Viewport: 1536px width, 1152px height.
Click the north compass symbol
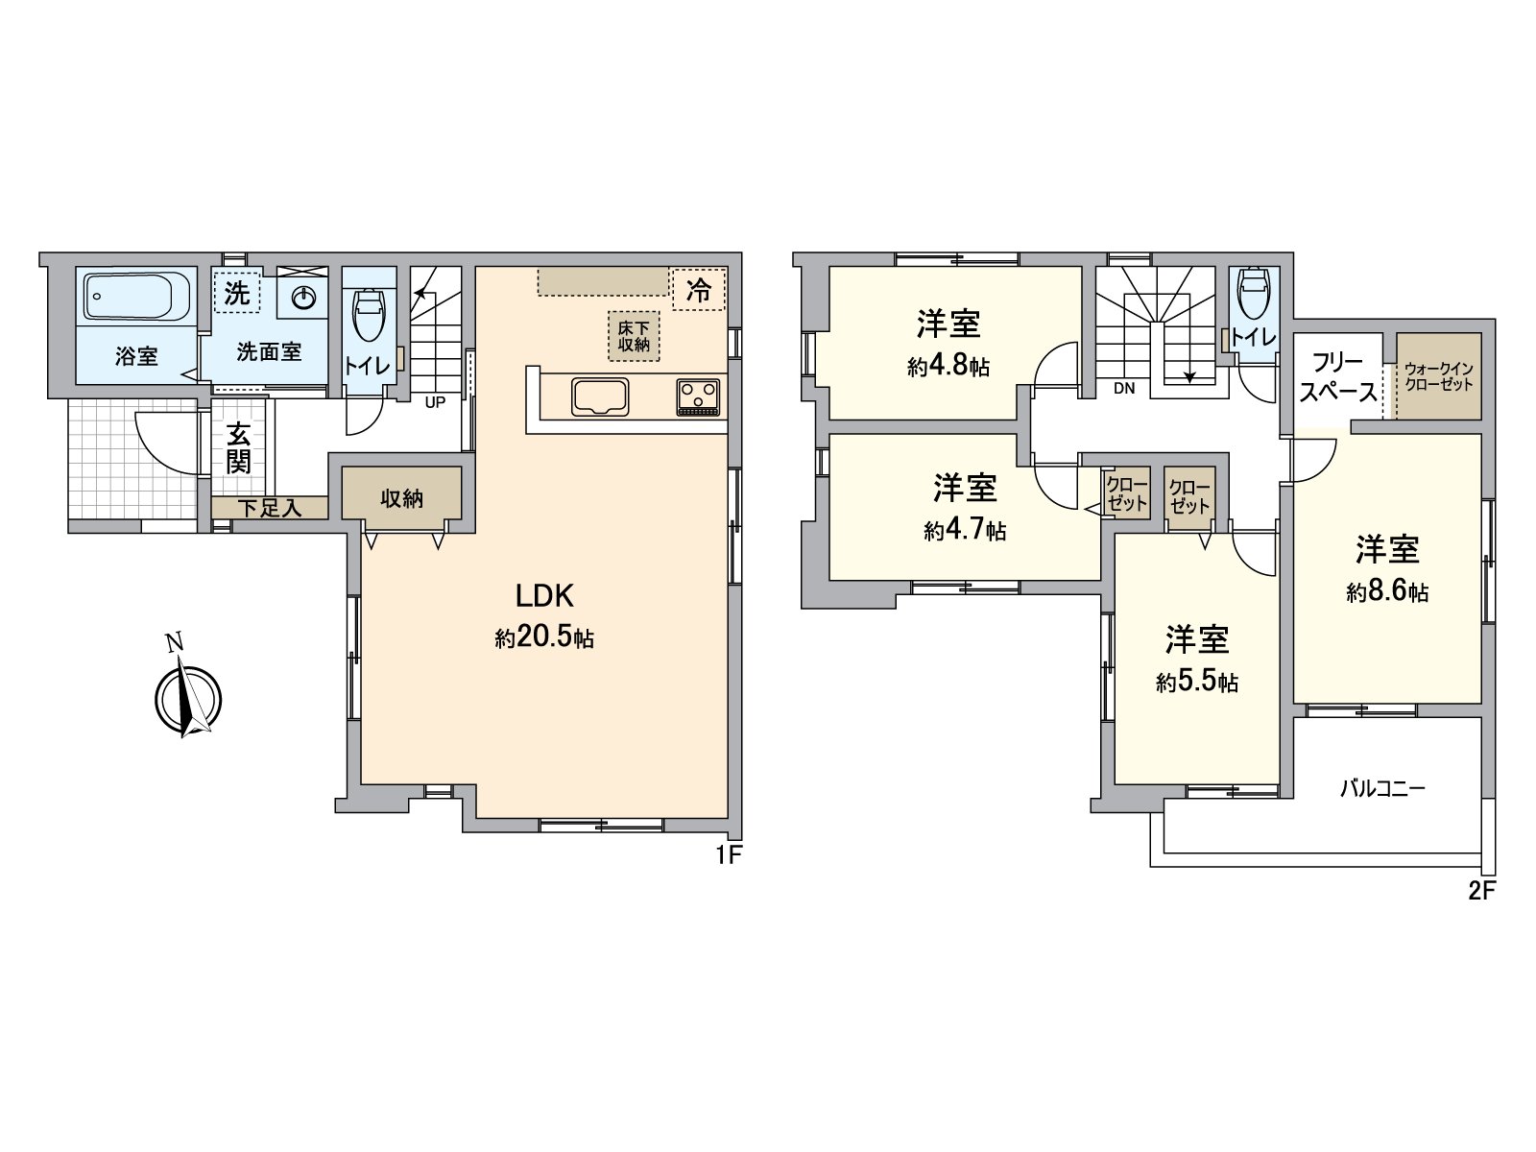point(187,698)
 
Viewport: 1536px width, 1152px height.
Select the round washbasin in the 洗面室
point(303,299)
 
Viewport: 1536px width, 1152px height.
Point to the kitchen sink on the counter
point(601,396)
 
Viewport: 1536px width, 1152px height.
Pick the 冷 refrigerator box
point(699,289)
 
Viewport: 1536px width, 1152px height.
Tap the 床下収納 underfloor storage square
point(634,336)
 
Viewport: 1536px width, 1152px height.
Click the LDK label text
point(544,596)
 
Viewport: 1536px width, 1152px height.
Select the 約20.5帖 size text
point(544,638)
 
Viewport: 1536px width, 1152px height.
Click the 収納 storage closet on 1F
point(401,498)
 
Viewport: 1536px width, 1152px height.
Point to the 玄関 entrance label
point(238,448)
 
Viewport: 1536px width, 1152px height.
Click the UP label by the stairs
point(435,403)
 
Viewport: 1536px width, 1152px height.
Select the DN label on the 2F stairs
point(1124,389)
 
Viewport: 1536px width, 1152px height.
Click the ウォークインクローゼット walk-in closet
point(1437,376)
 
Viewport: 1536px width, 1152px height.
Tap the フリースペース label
point(1337,377)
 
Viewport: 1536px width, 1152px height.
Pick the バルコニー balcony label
point(1382,789)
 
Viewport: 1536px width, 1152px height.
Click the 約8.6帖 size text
point(1387,592)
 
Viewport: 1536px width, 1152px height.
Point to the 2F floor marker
point(1481,890)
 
